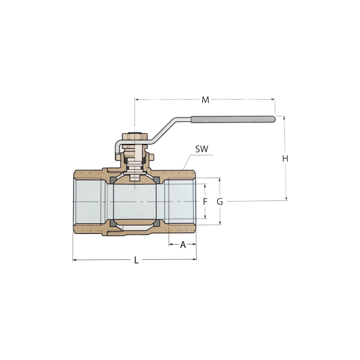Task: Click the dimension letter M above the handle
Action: [x=205, y=100]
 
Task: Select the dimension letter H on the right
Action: [x=284, y=160]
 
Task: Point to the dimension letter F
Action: [x=205, y=201]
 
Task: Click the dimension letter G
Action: [x=220, y=202]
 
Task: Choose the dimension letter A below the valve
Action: [x=184, y=245]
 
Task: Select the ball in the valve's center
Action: [x=135, y=203]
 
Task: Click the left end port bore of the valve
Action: [x=89, y=203]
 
